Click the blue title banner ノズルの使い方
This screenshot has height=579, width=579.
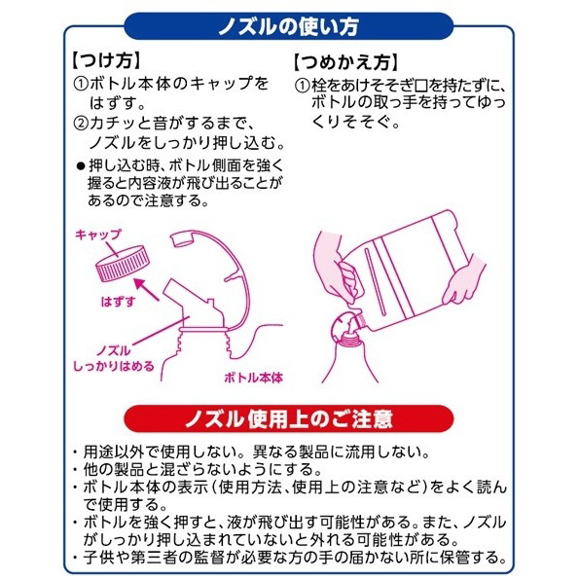(x=288, y=26)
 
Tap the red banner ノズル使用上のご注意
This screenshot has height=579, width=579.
(x=288, y=418)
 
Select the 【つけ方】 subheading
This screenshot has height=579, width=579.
(x=106, y=60)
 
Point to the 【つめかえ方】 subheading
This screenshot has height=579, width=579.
(x=345, y=62)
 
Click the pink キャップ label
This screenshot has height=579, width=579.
(x=98, y=235)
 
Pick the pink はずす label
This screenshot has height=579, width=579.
(x=118, y=302)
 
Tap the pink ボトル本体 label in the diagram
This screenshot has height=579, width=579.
(x=254, y=378)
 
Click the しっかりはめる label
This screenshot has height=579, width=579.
(x=113, y=366)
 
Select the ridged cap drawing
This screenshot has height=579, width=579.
(x=123, y=264)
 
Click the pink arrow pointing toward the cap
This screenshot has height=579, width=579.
(x=147, y=289)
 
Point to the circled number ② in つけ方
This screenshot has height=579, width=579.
(x=81, y=124)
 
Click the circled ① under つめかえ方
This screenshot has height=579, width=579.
(x=302, y=86)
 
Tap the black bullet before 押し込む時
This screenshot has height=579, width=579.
(x=81, y=166)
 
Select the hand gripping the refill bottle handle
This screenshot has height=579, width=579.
(x=334, y=268)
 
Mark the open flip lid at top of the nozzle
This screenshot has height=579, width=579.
(x=184, y=238)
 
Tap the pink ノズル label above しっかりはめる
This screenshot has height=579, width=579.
(x=113, y=350)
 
